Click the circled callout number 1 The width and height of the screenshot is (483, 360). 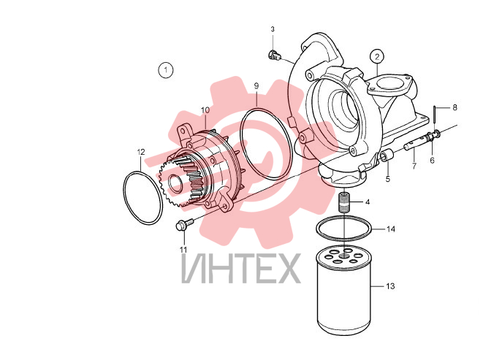(x=166, y=70)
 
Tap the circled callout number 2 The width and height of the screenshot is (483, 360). (x=377, y=56)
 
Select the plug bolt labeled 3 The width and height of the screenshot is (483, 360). (x=274, y=55)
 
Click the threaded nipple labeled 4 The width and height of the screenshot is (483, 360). (x=343, y=202)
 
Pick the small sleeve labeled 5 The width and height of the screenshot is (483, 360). (x=386, y=156)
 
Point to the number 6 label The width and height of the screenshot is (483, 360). (x=432, y=161)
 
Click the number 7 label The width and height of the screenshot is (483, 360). (x=414, y=166)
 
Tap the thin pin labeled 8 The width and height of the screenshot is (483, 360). (x=434, y=114)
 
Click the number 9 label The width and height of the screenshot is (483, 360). (x=256, y=86)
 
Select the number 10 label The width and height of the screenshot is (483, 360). (x=205, y=110)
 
